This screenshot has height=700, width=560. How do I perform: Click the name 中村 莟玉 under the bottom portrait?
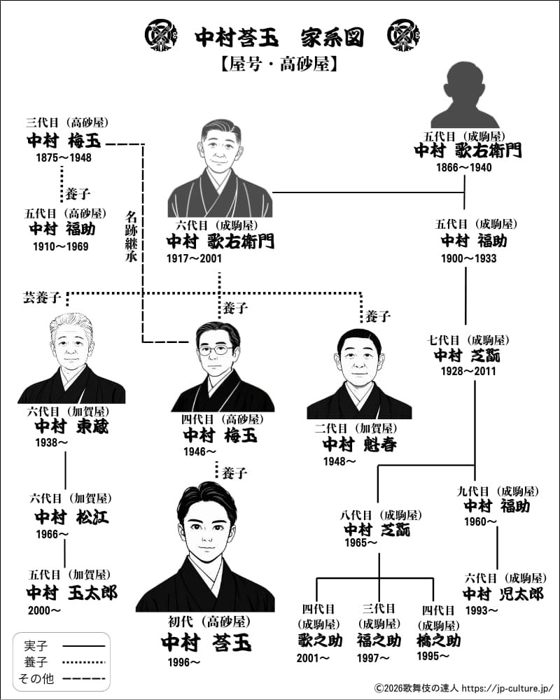point(205,643)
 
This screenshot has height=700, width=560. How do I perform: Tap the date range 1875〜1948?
point(64,157)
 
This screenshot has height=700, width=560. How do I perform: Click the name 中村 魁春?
point(359,444)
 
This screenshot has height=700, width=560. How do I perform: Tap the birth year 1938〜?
point(52,443)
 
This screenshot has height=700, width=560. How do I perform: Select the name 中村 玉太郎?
point(72,593)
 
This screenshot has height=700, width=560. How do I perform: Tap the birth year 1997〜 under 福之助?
point(373,657)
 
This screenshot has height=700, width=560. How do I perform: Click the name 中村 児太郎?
point(503,594)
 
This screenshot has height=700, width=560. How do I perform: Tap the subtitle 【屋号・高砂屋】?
point(279,64)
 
